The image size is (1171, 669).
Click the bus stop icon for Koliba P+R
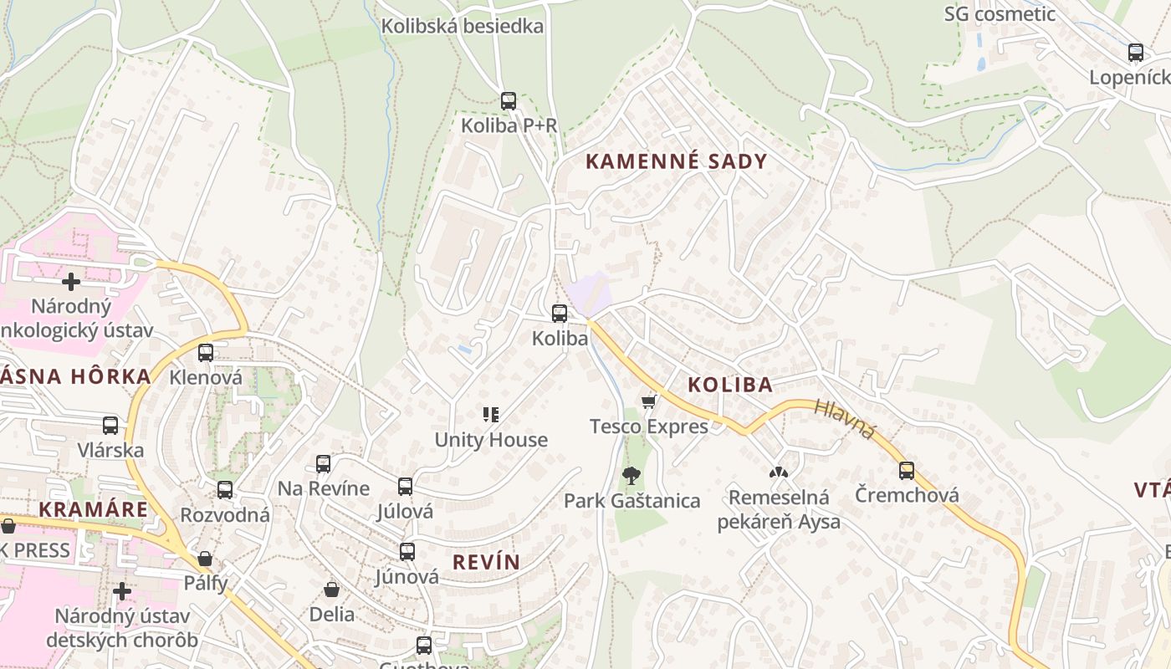508,101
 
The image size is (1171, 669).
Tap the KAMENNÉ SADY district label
676,161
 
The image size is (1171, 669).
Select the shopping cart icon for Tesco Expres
648,402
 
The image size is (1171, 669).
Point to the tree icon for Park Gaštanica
632,476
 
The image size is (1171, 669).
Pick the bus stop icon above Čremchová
907,470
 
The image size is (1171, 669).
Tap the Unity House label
491,440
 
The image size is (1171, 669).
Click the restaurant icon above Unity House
491,414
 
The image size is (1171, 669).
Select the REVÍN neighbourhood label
486,562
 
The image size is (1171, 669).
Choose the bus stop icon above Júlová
406,486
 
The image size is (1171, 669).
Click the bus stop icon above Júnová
407,552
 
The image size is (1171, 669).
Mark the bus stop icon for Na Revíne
323,463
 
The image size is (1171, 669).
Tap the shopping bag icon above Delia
331,590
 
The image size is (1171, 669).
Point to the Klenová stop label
206,377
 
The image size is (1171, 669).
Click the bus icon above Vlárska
110,426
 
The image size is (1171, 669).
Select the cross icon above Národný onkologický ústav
71,282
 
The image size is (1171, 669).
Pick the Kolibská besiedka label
463,26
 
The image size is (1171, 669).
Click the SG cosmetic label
1000,14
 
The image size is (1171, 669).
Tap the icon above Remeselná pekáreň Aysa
779,472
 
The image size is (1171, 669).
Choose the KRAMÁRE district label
93,509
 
